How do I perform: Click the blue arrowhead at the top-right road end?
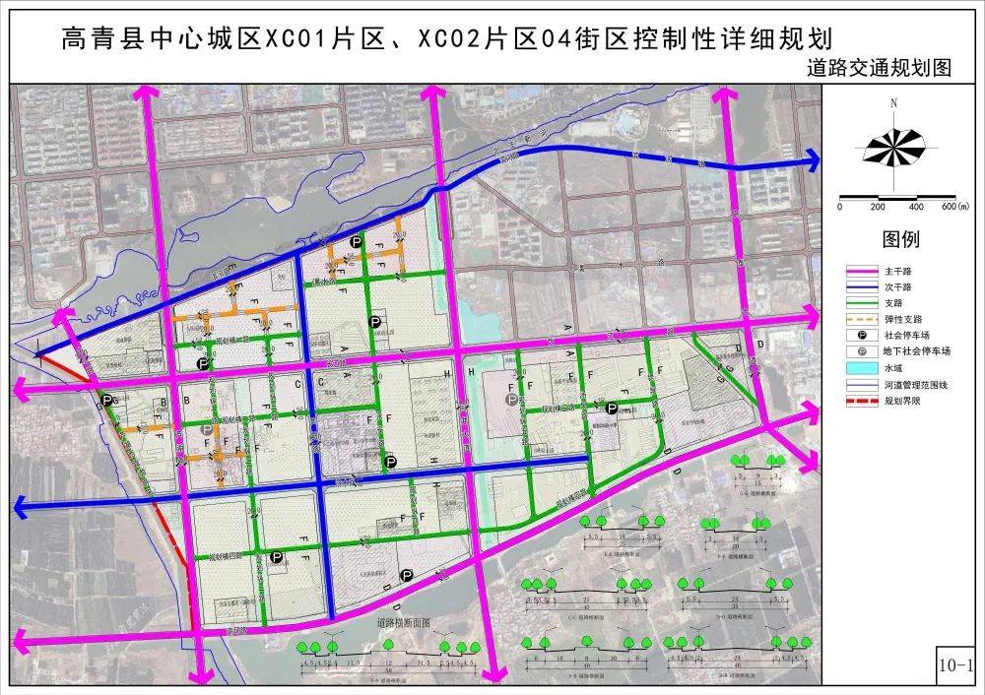coord(814,159)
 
